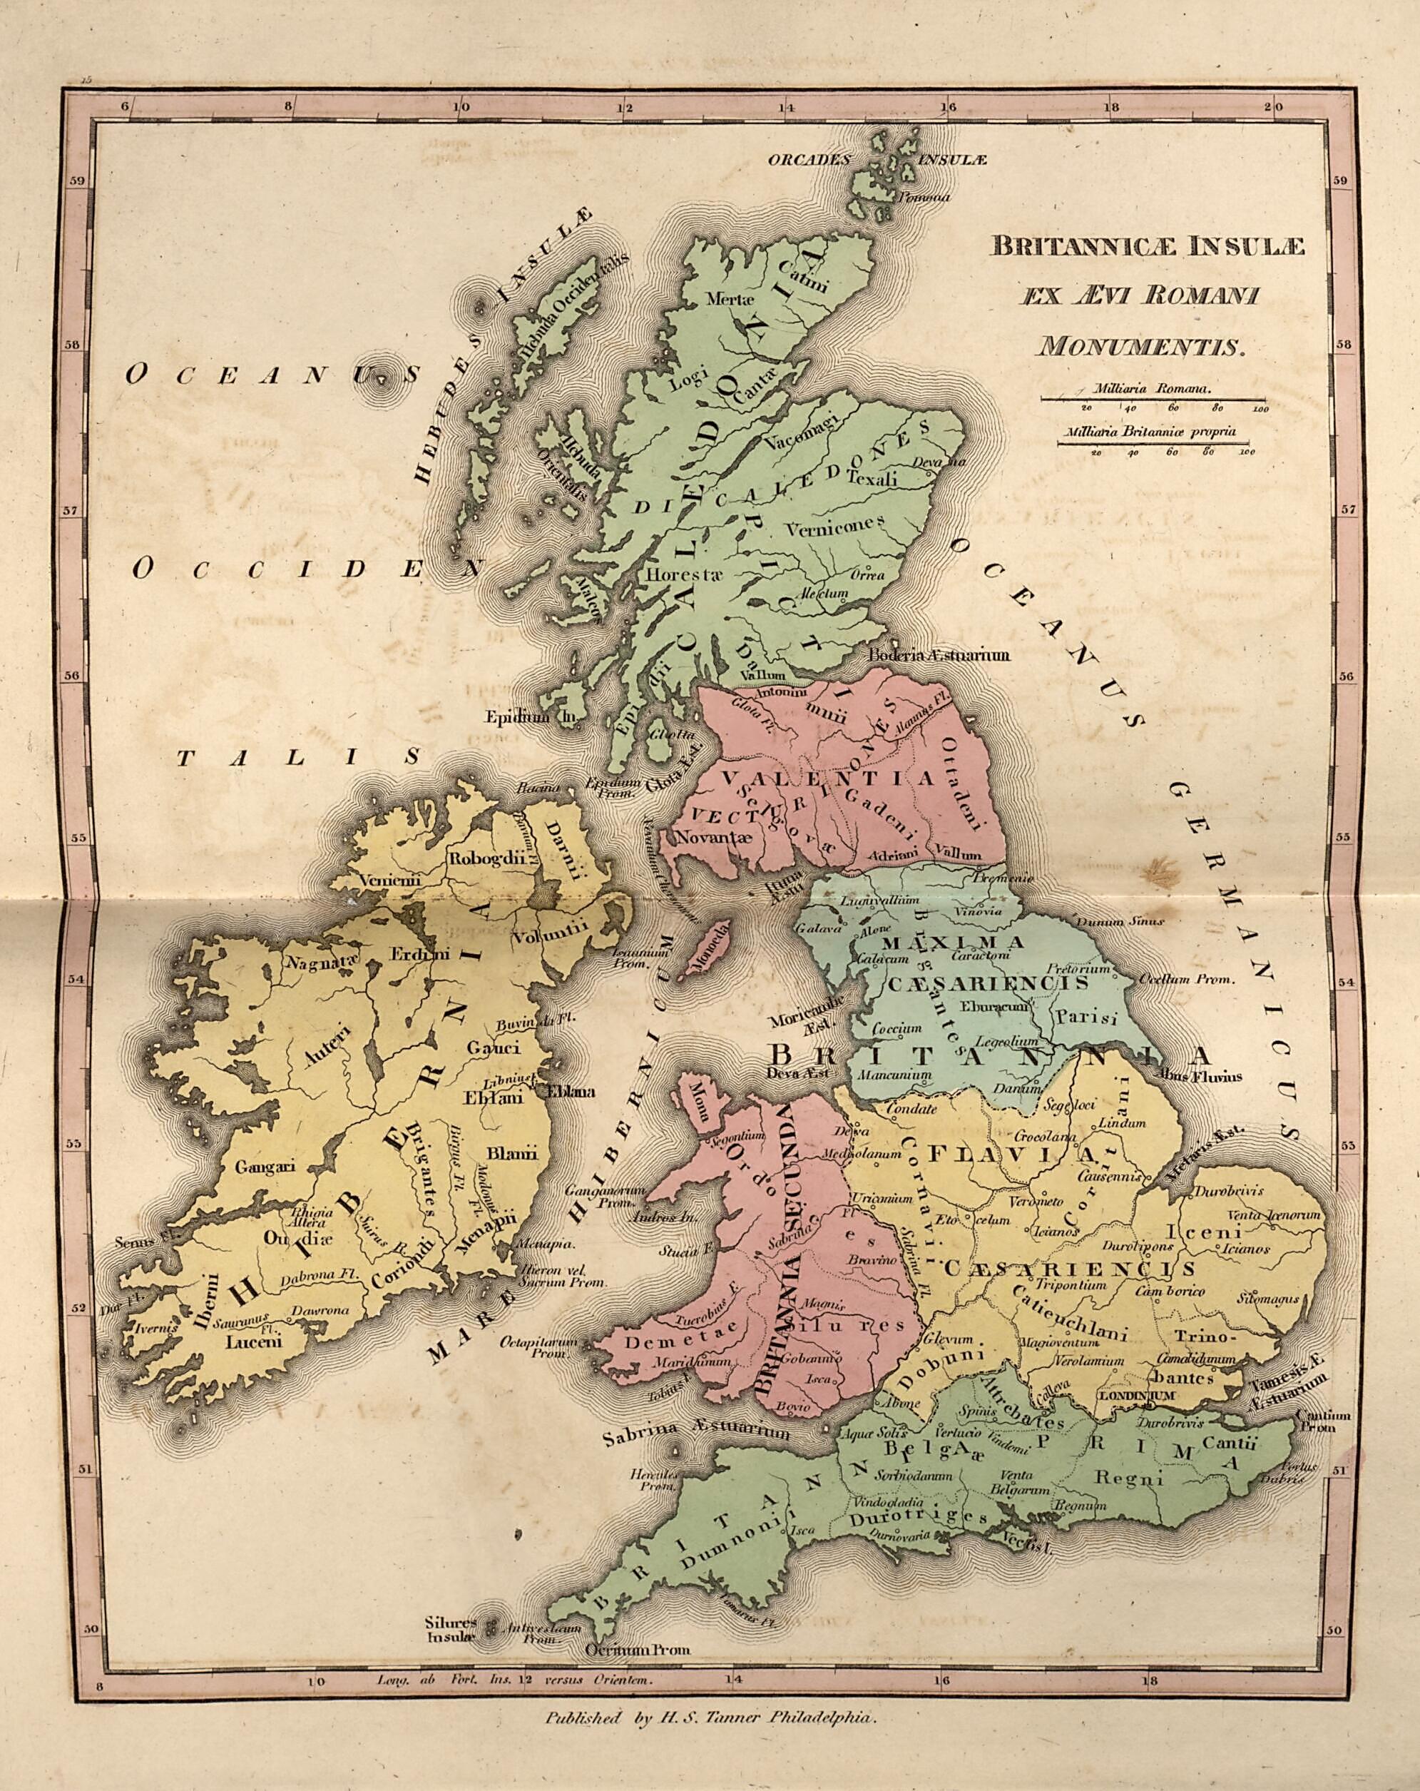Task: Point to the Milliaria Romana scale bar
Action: [x=1153, y=400]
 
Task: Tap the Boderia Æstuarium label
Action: [x=939, y=656]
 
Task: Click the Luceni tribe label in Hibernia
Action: [x=256, y=1341]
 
